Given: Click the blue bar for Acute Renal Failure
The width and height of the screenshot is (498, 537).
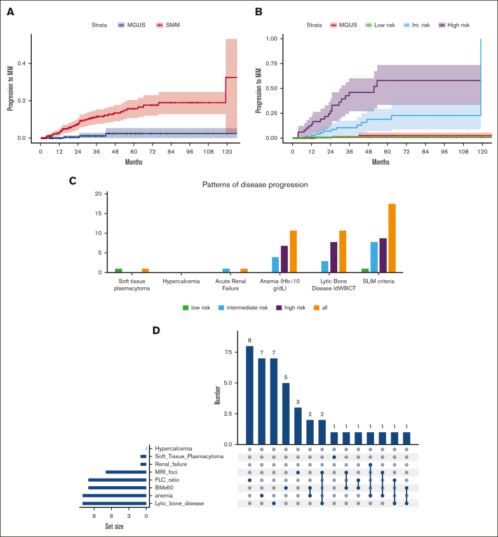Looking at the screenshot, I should [226, 270].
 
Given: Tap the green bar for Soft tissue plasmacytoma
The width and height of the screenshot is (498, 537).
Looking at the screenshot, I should [118, 270].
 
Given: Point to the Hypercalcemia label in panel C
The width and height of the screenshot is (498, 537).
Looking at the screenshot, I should [172, 280].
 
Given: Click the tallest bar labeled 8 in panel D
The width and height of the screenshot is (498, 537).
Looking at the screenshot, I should [250, 395].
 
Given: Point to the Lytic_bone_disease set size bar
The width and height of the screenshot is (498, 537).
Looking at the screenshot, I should [114, 503].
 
